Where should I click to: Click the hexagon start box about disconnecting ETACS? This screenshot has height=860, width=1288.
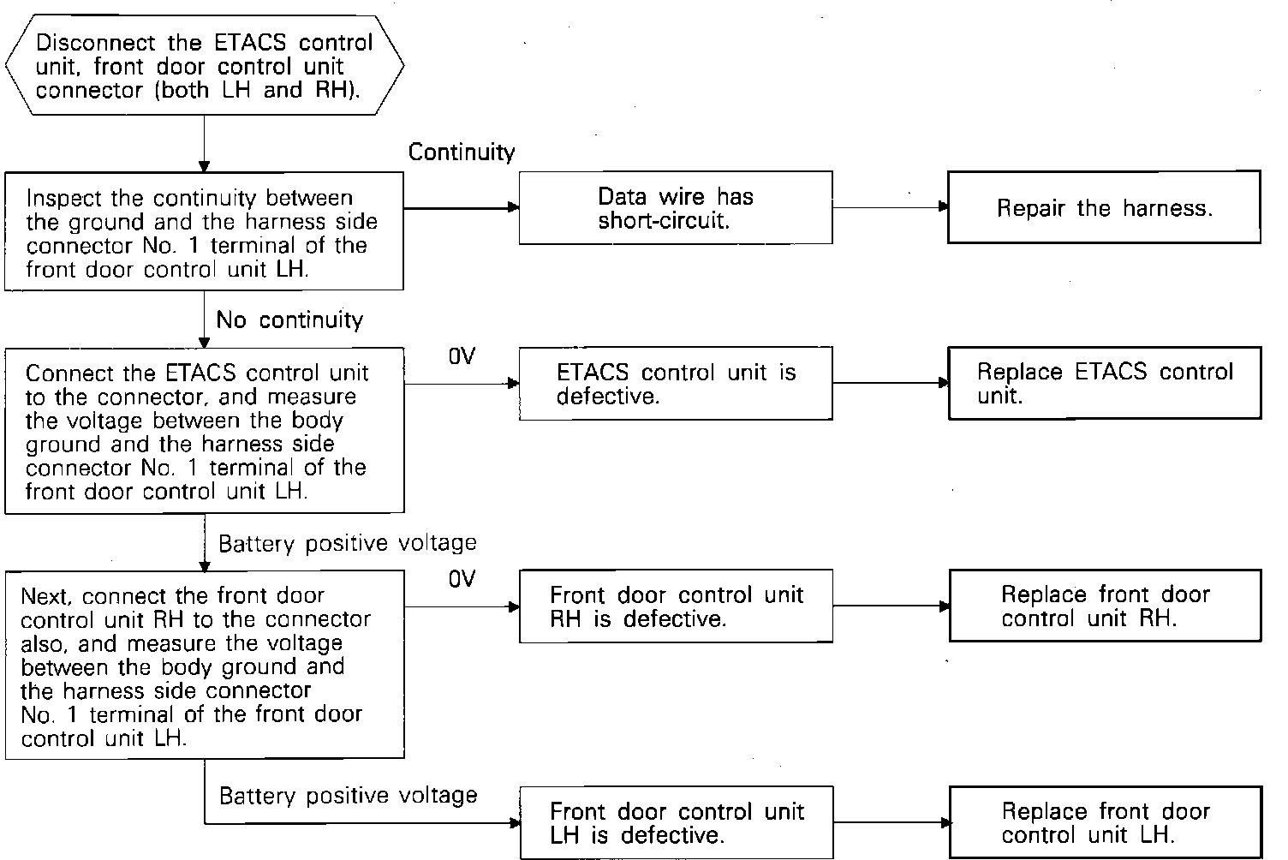[x=204, y=66]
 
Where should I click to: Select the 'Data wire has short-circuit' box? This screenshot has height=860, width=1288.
[x=676, y=207]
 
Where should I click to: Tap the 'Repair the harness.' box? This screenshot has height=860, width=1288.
[x=1104, y=207]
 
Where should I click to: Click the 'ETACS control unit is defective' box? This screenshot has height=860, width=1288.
[x=676, y=384]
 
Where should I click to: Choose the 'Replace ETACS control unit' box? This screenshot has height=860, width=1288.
[x=1104, y=384]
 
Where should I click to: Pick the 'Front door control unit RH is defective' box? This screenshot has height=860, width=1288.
[x=676, y=606]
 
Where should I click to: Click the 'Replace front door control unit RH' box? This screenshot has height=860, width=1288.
[x=1105, y=606]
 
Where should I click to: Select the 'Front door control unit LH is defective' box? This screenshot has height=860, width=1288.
[x=676, y=822]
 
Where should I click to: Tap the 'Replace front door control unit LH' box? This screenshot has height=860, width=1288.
[x=1105, y=822]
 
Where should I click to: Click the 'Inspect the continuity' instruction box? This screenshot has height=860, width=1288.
[x=204, y=231]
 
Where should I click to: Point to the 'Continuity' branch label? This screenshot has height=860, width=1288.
[x=462, y=152]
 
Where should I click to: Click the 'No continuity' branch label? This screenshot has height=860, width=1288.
[x=289, y=320]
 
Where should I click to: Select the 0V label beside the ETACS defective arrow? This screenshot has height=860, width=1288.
[x=461, y=356]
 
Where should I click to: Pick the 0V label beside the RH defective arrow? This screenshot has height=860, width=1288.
[x=461, y=580]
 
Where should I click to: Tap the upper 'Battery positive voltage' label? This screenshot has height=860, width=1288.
[x=347, y=543]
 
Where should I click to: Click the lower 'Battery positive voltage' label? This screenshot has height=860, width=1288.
[x=348, y=796]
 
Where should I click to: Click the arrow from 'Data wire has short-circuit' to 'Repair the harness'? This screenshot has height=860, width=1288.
[x=890, y=207]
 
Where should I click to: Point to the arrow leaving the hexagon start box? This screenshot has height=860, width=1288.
[x=204, y=143]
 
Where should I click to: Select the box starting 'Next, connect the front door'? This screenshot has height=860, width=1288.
[x=204, y=665]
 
